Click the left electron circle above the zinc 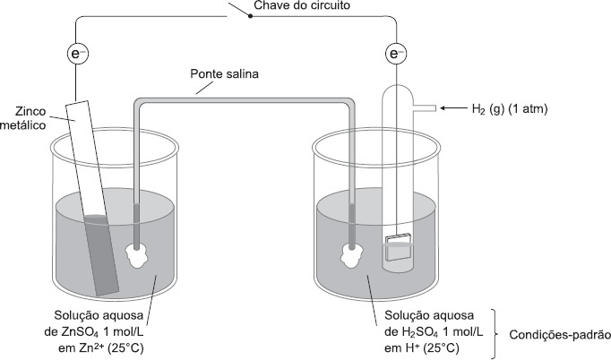[x=80, y=55]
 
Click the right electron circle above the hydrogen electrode [x=396, y=55]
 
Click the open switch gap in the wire [x=240, y=17]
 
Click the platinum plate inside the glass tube [x=399, y=246]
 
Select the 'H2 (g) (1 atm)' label [x=509, y=109]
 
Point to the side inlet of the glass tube [x=425, y=108]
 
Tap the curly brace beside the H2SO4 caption [x=495, y=331]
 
